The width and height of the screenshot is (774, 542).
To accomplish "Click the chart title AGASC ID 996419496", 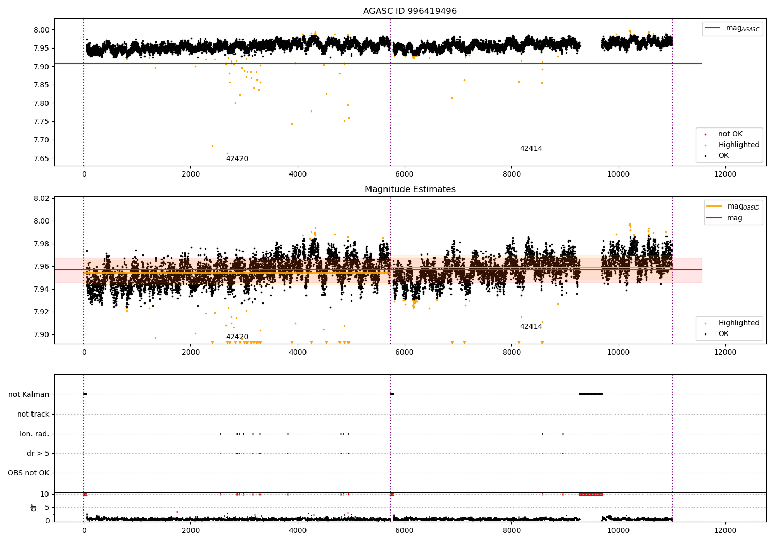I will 410,11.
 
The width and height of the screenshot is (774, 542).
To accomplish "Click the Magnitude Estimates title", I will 410,189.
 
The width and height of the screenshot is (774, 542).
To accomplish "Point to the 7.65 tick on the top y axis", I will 41,158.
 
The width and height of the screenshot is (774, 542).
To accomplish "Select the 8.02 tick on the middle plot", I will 41,198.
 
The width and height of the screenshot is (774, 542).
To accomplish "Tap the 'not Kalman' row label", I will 29,394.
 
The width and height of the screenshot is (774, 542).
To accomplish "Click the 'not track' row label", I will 33,414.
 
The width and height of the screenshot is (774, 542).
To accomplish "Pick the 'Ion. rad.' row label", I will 35,434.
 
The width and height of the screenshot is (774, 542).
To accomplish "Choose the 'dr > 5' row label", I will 38,453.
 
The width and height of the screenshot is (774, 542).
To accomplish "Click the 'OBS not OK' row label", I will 28,473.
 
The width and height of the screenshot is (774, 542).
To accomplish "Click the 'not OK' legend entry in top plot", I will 730,134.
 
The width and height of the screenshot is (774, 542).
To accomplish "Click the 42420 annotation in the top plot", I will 237,159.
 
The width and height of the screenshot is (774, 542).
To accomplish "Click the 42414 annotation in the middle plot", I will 531,327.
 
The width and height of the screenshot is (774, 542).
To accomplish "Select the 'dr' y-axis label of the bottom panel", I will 34,507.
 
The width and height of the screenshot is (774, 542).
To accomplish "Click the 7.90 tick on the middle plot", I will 41,334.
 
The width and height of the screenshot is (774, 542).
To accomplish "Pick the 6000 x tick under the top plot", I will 405,174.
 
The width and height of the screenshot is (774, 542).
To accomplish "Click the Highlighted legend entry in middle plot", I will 738,323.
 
